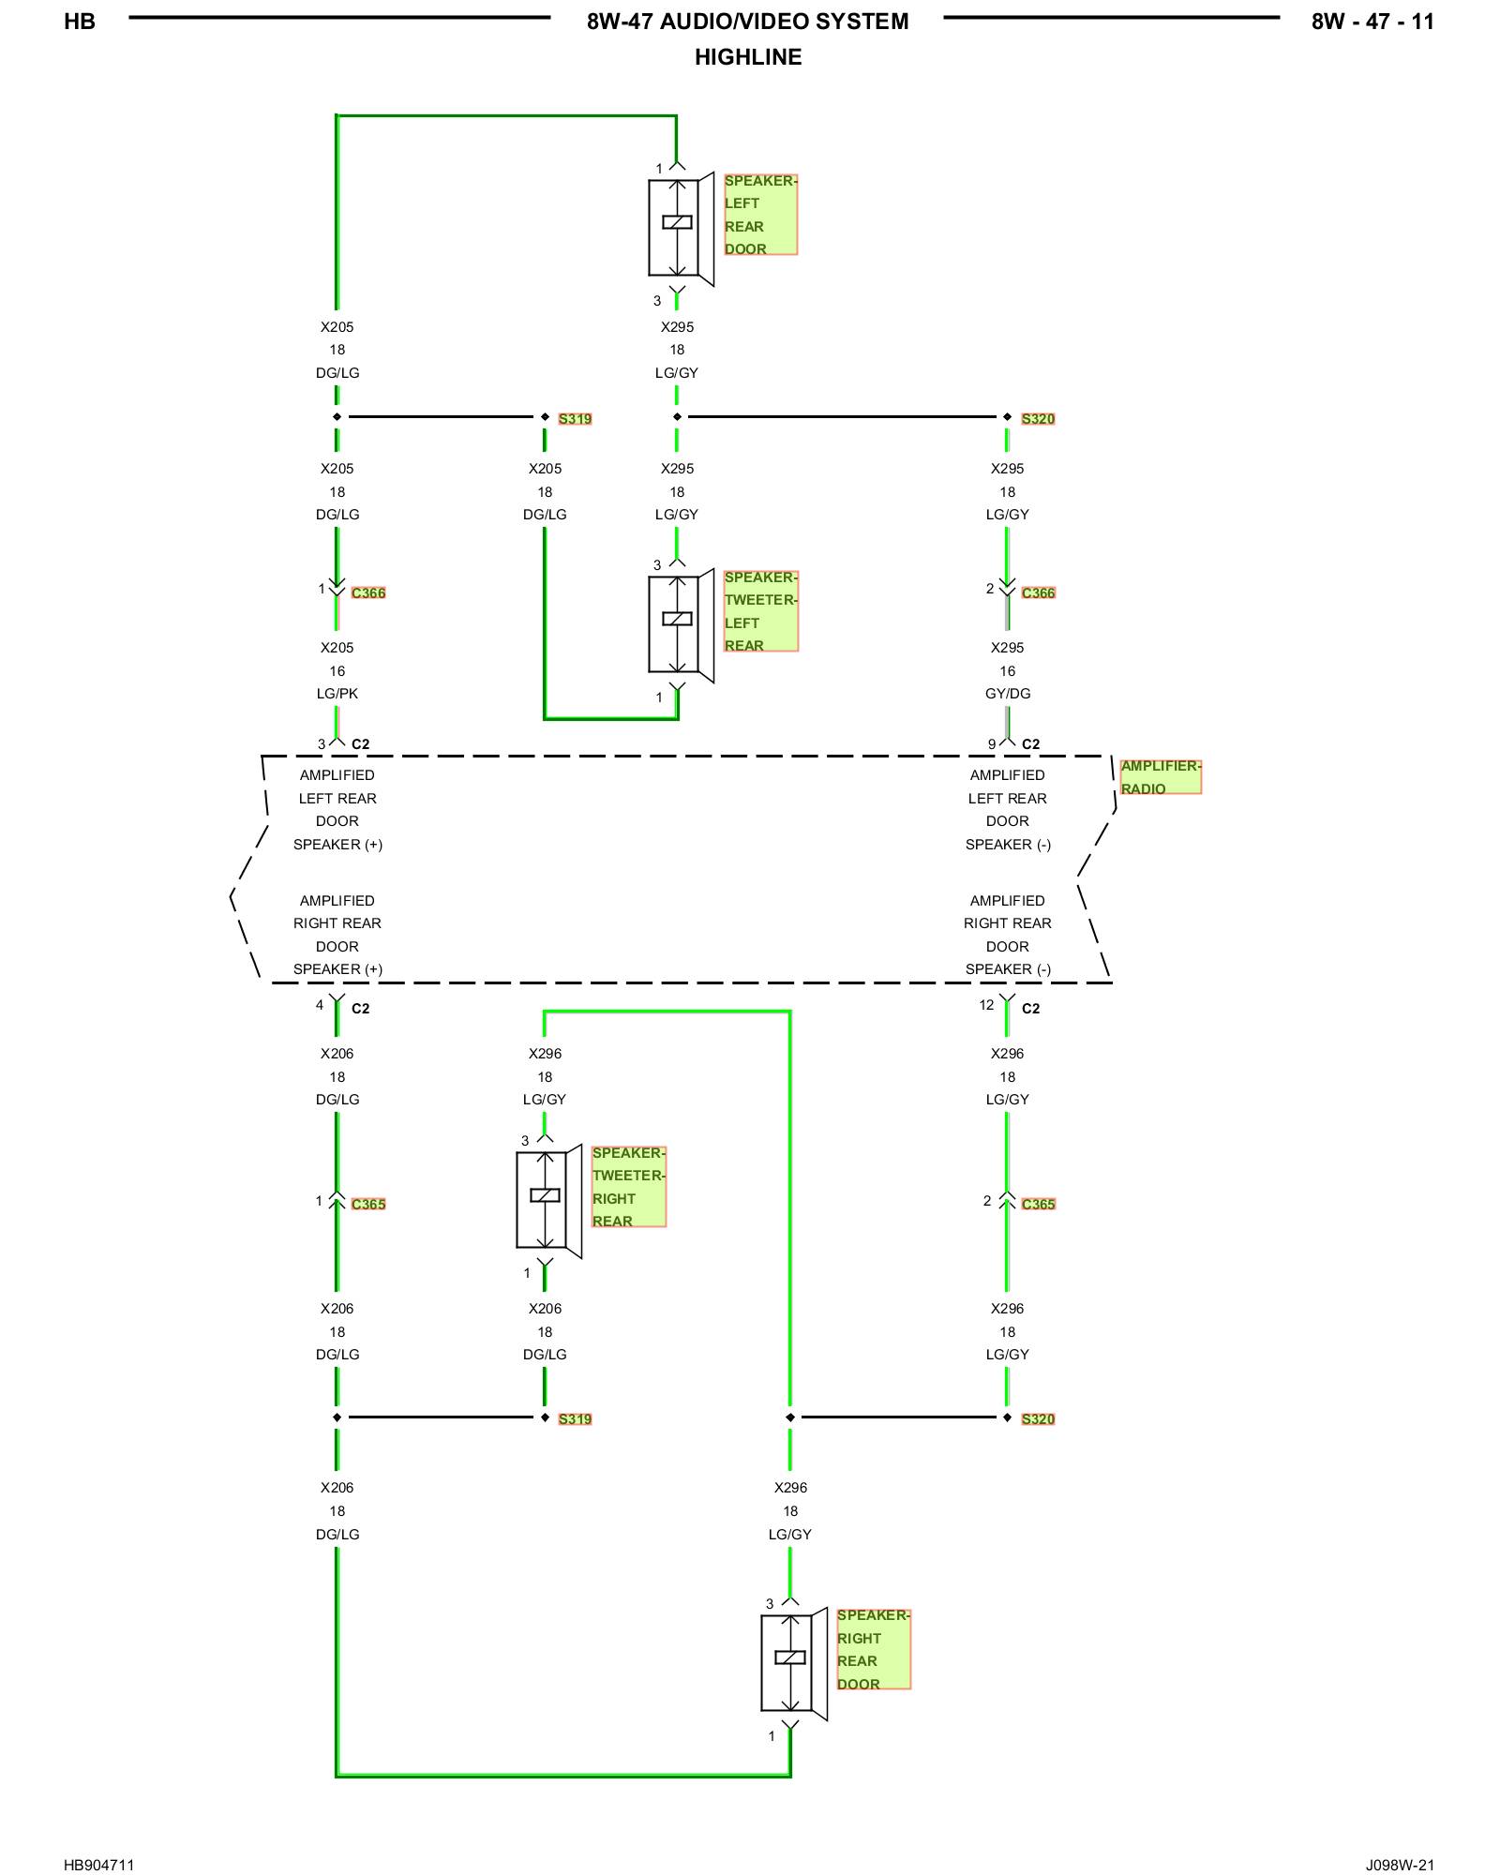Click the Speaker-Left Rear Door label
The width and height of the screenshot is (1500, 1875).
760,214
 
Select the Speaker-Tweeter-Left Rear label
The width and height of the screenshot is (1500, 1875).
760,610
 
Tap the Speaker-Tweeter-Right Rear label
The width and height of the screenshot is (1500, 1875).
628,1186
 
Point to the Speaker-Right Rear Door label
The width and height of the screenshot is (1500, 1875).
873,1649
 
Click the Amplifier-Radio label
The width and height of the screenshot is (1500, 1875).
1161,777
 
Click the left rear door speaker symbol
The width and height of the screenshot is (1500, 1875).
682,229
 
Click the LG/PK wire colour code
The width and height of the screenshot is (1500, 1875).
337,694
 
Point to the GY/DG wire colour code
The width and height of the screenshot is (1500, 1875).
1008,694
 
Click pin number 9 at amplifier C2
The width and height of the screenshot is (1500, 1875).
992,744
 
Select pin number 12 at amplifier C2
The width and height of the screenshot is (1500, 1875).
986,1005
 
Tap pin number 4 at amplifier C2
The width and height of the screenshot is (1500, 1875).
320,1005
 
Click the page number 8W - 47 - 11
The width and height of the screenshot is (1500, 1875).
1372,22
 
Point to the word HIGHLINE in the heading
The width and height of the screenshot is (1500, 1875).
748,57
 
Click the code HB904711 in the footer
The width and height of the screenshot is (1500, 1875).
99,1865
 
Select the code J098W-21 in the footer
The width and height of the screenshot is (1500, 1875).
1400,1865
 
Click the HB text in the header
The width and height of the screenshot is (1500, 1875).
80,22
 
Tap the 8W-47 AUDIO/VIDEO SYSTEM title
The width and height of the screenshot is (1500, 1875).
748,22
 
